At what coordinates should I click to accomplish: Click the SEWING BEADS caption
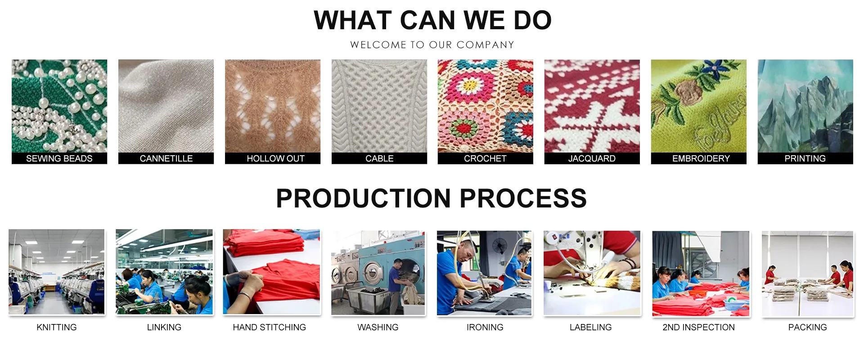pos(59,158)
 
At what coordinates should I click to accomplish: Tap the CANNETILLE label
pos(166,158)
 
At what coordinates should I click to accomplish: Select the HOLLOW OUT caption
pos(275,158)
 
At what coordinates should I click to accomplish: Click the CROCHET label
pos(485,158)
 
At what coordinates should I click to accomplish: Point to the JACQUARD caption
pos(592,158)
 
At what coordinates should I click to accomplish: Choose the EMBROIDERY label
pos(701,158)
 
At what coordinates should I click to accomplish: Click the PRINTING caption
pos(805,158)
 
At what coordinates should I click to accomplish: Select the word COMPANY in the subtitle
pos(485,45)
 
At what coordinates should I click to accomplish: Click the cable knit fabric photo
pos(379,106)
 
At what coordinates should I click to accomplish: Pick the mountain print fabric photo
pos(805,106)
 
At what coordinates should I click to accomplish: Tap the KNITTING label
pos(57,327)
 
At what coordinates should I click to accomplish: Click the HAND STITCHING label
pos(269,327)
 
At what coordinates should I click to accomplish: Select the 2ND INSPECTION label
pos(698,327)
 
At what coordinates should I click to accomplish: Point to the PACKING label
pos(807,327)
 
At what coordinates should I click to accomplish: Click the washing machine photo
pos(378,273)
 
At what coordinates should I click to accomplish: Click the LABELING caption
pos(590,327)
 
